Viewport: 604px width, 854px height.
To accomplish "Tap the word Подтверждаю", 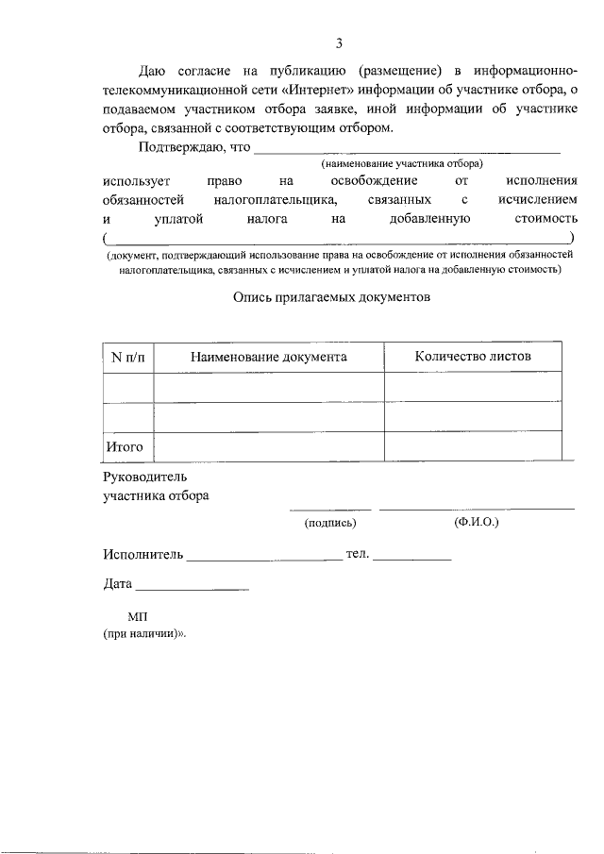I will (185, 146).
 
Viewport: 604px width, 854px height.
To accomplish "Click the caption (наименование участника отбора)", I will (402, 162).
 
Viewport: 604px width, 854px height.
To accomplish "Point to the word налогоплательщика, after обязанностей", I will (276, 199).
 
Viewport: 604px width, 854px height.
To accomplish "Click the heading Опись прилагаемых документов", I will (330, 296).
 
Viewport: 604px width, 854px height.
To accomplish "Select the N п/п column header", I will (127, 357).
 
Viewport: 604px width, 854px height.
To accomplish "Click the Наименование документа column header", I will (269, 357).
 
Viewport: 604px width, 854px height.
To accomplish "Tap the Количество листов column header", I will (472, 356).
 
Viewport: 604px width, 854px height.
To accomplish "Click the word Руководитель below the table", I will (146, 477).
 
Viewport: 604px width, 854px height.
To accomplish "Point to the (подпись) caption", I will (328, 522).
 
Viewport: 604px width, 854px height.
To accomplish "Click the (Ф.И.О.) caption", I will (476, 521).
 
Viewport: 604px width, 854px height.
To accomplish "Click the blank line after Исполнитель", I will (264, 559).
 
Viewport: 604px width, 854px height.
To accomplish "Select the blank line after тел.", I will (412, 559).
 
